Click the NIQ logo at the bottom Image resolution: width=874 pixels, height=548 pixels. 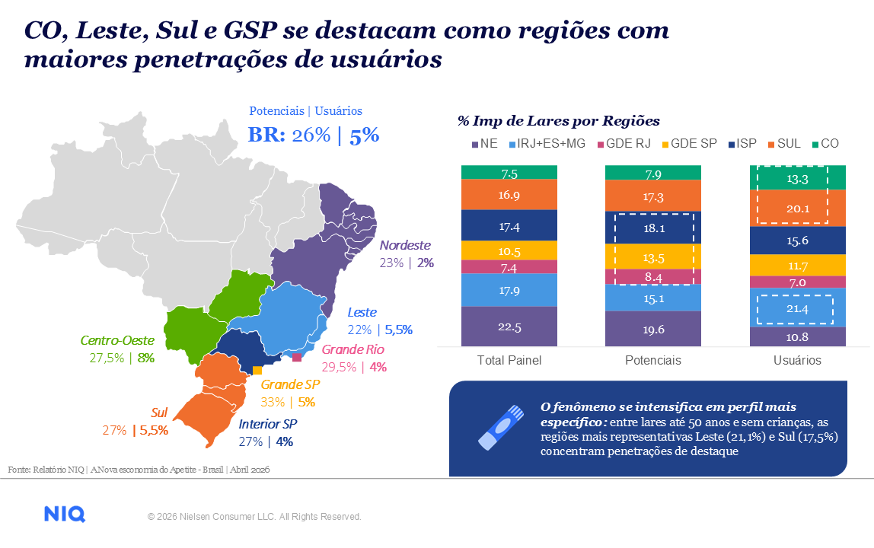point(65,515)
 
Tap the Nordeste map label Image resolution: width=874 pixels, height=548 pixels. point(405,246)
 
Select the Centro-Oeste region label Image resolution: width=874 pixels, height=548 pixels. point(118,340)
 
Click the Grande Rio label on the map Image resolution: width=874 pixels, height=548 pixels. point(352,350)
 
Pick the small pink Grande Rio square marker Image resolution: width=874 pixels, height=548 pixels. point(296,357)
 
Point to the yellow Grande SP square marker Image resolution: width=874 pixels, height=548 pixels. point(257,370)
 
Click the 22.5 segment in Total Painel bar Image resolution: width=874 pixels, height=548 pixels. point(509,327)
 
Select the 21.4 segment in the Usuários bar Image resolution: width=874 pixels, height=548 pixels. point(797,309)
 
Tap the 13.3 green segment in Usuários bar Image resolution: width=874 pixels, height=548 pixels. point(797,178)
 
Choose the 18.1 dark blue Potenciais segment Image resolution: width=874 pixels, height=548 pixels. point(653,228)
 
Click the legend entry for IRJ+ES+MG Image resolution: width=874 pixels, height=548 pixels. point(552,143)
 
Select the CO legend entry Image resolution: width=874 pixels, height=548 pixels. point(824,143)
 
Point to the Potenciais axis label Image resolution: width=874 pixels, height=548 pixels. point(653,360)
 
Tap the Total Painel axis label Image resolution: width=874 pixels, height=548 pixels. point(509,360)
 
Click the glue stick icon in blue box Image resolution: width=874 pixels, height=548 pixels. point(500,426)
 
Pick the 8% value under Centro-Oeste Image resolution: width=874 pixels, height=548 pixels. point(146,358)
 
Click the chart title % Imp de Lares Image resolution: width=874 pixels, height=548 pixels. point(558,121)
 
